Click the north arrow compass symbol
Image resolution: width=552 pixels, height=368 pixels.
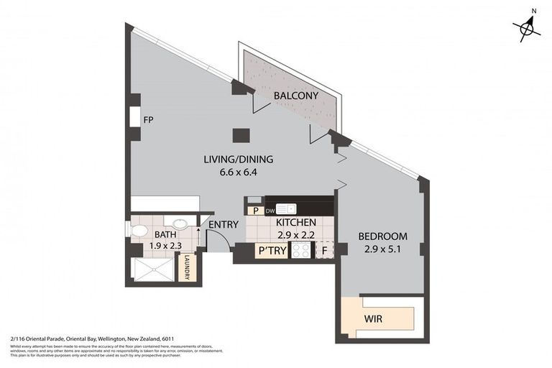[528, 27]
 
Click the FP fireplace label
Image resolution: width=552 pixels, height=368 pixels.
[149, 120]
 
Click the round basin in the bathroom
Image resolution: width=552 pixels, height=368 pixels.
[182, 224]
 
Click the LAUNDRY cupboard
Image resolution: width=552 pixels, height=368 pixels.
[187, 267]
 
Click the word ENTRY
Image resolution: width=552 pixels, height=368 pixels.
[223, 225]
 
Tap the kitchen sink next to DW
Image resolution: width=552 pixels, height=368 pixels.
[286, 209]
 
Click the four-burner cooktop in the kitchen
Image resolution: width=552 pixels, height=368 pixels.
[300, 251]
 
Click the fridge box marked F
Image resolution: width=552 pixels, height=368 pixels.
[325, 251]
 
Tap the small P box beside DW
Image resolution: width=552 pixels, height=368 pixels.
[254, 211]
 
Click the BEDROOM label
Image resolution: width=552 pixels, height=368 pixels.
[382, 236]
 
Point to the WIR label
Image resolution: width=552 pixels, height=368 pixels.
[374, 317]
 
